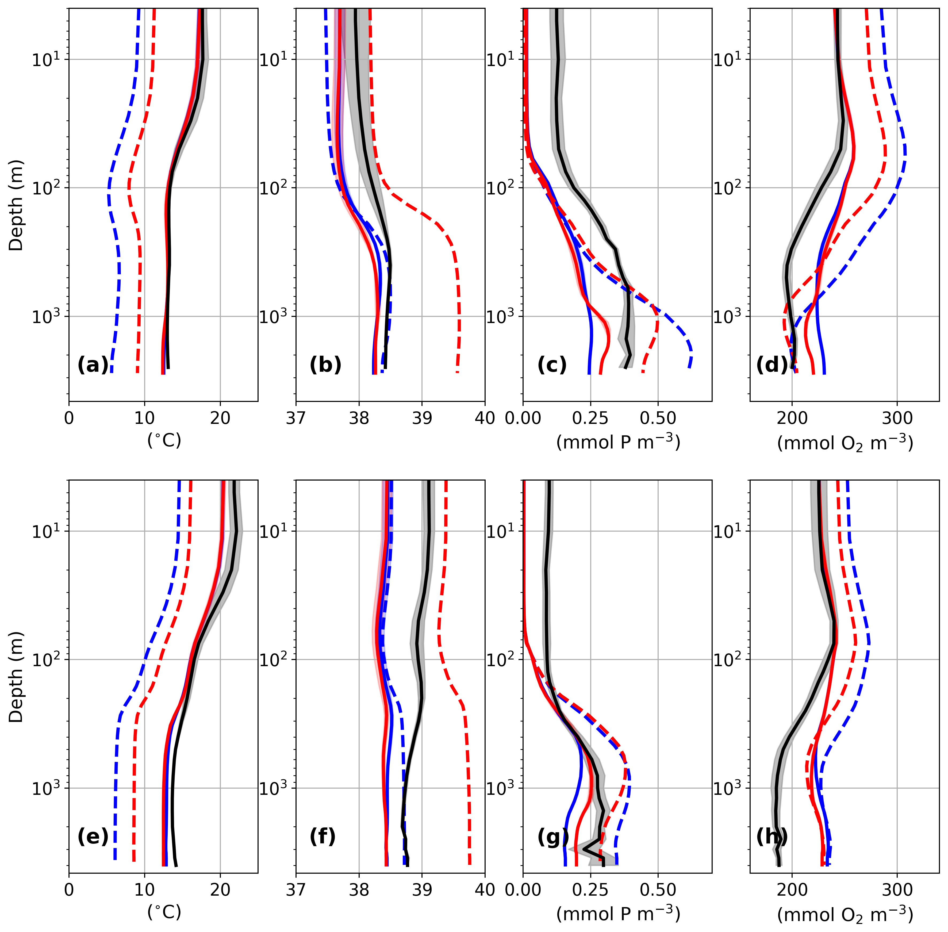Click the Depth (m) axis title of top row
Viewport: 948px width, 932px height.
tap(16, 205)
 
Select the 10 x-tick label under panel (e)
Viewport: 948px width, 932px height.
tap(144, 890)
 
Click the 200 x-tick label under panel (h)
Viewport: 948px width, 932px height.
tap(792, 890)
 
